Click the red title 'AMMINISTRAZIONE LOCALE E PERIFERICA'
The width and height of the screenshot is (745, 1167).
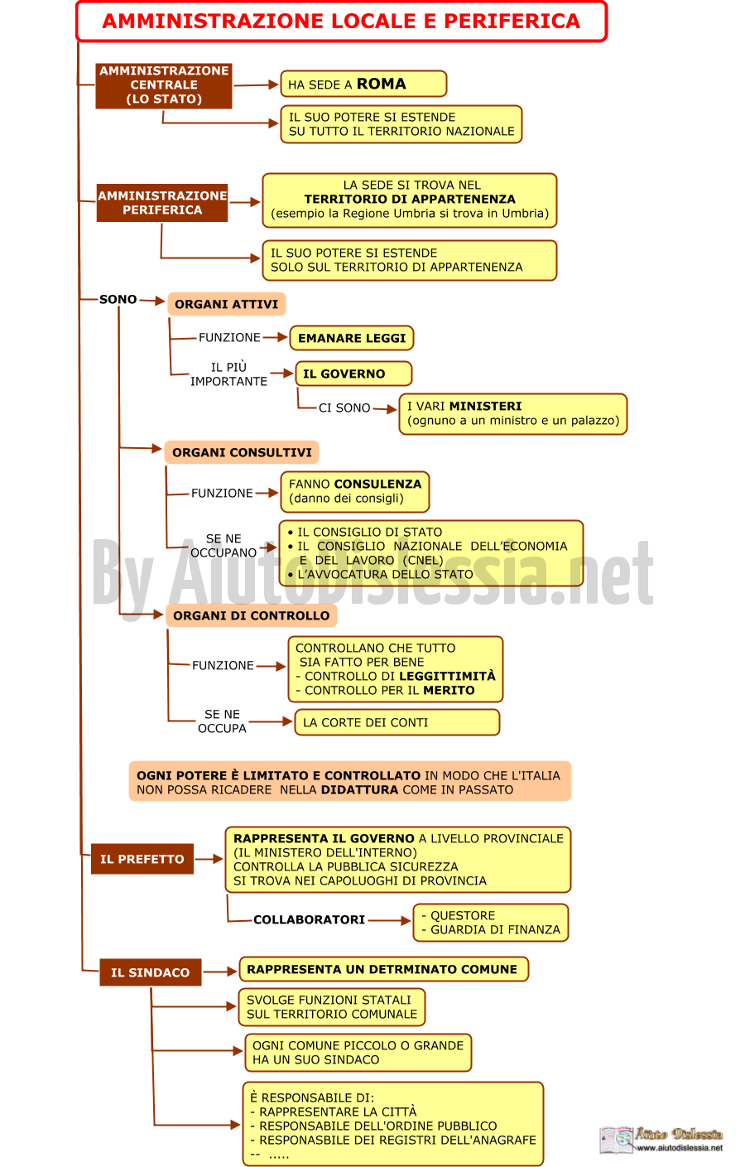341,21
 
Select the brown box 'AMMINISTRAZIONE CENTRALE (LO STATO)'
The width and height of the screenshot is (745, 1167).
163,85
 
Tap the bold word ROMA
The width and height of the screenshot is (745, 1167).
381,84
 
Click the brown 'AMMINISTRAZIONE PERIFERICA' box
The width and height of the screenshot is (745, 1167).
162,203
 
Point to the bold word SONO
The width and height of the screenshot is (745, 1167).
118,300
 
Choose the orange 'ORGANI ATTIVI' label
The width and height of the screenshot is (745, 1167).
227,304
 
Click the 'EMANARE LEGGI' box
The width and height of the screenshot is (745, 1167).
352,338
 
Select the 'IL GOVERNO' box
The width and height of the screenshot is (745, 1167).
353,374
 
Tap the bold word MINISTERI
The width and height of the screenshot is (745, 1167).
485,407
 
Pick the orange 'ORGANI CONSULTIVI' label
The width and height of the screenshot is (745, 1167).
242,452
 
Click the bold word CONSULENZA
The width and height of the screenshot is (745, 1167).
377,484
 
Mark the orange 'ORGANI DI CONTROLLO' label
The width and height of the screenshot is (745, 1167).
252,615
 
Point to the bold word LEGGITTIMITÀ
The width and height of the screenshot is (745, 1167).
447,676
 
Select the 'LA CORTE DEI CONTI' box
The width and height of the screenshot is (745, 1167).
397,722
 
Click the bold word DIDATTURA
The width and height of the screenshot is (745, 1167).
360,790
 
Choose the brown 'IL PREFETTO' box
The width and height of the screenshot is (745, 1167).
142,859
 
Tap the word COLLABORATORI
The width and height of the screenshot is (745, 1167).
310,920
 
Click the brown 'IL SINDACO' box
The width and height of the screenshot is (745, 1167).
151,972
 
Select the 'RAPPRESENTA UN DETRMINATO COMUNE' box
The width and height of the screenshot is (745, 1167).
384,970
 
